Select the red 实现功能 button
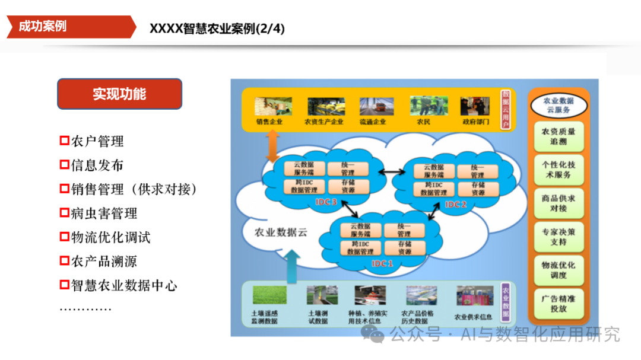click(x=119, y=94)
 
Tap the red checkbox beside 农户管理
click(x=65, y=141)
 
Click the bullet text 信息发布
click(x=97, y=165)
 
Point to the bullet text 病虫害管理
click(x=104, y=214)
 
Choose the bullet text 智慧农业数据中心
click(x=124, y=285)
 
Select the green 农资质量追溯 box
click(x=558, y=137)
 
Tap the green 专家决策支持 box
click(x=558, y=237)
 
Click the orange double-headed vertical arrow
click(x=272, y=146)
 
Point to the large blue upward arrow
click(x=293, y=266)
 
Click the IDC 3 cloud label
click(x=326, y=202)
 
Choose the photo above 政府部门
click(x=475, y=106)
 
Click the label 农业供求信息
click(x=474, y=317)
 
